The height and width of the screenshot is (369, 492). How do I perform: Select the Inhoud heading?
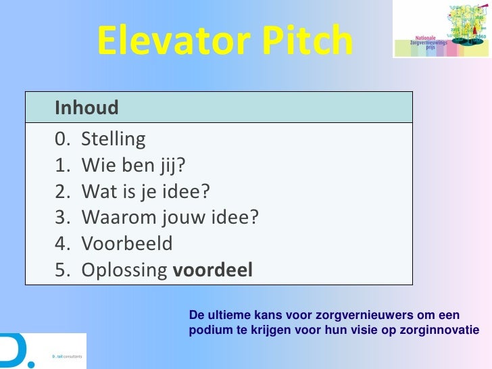pos(87,107)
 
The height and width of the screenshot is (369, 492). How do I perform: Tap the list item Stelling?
pos(113,139)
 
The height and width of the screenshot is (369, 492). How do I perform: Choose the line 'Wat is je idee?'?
pos(145,191)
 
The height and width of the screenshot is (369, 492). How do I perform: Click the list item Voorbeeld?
pos(127,243)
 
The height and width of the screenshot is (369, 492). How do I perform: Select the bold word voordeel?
pos(213,270)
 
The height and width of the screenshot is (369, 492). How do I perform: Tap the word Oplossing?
pos(125,270)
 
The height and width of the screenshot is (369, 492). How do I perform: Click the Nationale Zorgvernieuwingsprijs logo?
pos(442,29)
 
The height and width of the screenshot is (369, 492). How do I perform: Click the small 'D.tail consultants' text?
pos(66,355)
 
